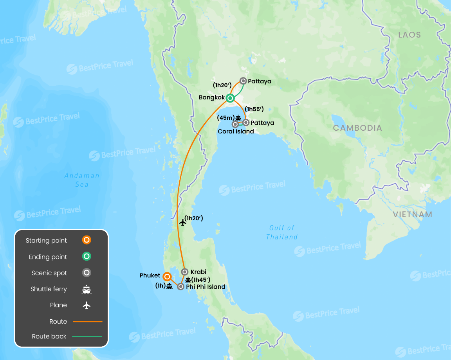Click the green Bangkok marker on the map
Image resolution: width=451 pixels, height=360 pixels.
click(230, 98)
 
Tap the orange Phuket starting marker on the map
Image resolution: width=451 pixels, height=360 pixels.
click(167, 277)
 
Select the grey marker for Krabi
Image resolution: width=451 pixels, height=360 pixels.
click(185, 272)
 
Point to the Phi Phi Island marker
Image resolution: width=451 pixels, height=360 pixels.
click(180, 286)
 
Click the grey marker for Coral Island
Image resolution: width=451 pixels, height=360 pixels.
click(235, 124)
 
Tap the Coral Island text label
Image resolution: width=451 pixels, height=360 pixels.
click(236, 131)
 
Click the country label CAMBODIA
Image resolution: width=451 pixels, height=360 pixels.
click(357, 128)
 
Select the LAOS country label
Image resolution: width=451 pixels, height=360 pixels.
click(410, 35)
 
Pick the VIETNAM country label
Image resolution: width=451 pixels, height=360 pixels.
click(413, 214)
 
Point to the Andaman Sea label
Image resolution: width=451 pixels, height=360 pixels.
click(82, 180)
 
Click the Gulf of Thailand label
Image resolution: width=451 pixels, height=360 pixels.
click(282, 232)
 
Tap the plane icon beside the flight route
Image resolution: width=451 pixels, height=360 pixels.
click(182, 222)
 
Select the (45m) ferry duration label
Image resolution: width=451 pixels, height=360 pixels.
click(225, 117)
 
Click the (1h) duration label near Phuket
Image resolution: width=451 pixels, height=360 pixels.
click(161, 286)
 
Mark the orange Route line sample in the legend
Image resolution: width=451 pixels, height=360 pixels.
click(87, 322)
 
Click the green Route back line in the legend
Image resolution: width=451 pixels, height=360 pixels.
click(87, 337)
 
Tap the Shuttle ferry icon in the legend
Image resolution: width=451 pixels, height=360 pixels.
click(87, 290)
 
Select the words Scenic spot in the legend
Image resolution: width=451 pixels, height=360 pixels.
click(49, 273)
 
